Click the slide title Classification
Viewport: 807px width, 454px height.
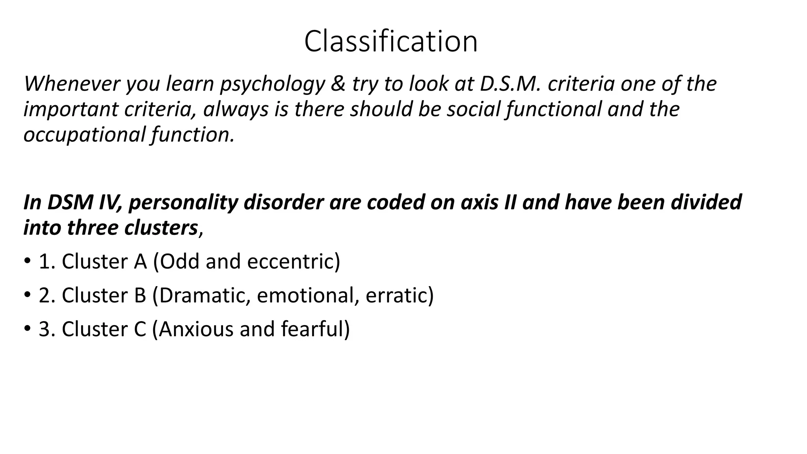[x=390, y=41]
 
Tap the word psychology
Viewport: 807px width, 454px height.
[x=272, y=84]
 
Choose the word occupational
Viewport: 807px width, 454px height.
[x=84, y=135]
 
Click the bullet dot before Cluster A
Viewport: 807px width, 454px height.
[x=27, y=261]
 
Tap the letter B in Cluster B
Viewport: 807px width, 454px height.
[x=140, y=295]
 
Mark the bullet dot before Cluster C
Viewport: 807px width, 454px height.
[x=27, y=328]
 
